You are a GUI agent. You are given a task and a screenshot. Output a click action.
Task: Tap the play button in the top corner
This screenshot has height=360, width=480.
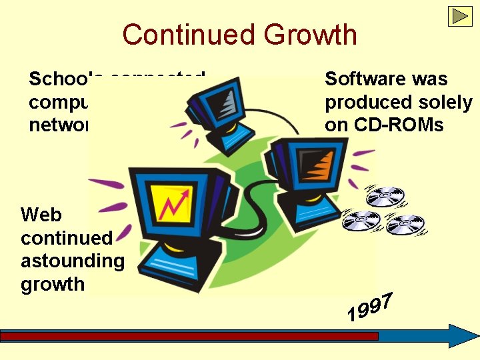460,16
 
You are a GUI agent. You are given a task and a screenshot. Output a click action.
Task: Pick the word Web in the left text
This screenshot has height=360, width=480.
41,215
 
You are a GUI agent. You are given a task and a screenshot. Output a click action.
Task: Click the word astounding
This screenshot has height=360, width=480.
72,261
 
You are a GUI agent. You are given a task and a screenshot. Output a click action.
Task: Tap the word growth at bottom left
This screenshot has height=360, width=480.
52,284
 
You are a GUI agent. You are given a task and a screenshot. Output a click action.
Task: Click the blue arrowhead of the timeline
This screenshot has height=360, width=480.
461,336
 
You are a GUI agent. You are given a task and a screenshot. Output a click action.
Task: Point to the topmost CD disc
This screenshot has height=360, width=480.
385,197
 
